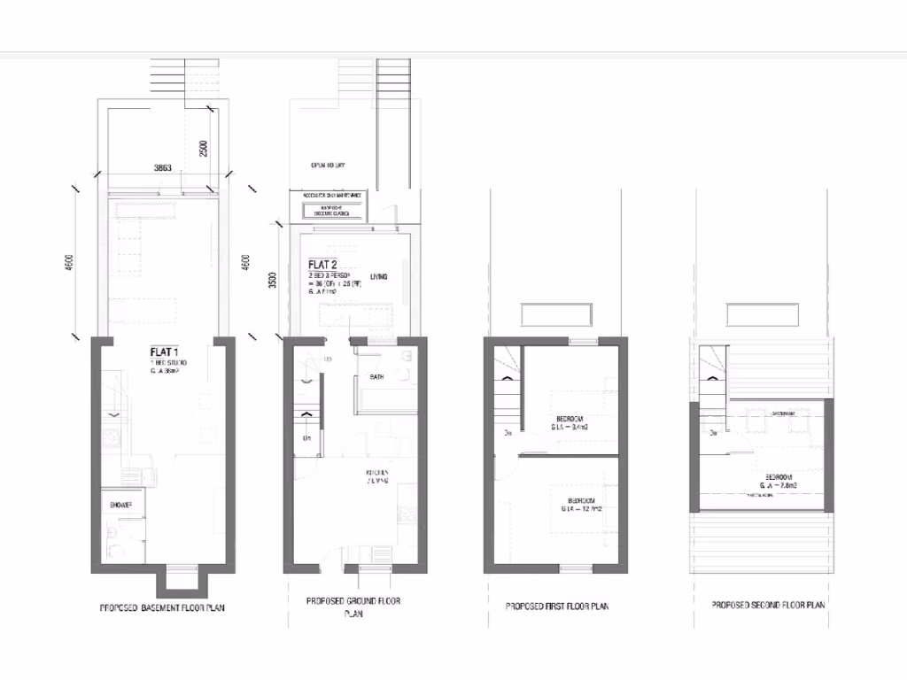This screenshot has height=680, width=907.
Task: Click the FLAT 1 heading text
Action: [x=165, y=352]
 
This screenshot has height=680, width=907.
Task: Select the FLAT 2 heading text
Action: [x=322, y=265]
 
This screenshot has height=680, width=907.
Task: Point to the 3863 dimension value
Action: [x=163, y=166]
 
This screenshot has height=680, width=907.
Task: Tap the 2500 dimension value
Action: [x=203, y=148]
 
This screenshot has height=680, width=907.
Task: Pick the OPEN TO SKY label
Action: [x=327, y=166]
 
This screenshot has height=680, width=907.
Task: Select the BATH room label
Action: [x=376, y=378]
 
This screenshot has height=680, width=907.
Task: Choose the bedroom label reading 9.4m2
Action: [x=568, y=422]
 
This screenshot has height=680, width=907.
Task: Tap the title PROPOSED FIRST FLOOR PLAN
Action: [x=556, y=607]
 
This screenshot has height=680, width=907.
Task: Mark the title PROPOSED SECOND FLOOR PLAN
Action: [x=768, y=605]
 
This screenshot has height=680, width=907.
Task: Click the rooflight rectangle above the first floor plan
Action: [x=555, y=314]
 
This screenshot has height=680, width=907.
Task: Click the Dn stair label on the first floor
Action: [x=508, y=433]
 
